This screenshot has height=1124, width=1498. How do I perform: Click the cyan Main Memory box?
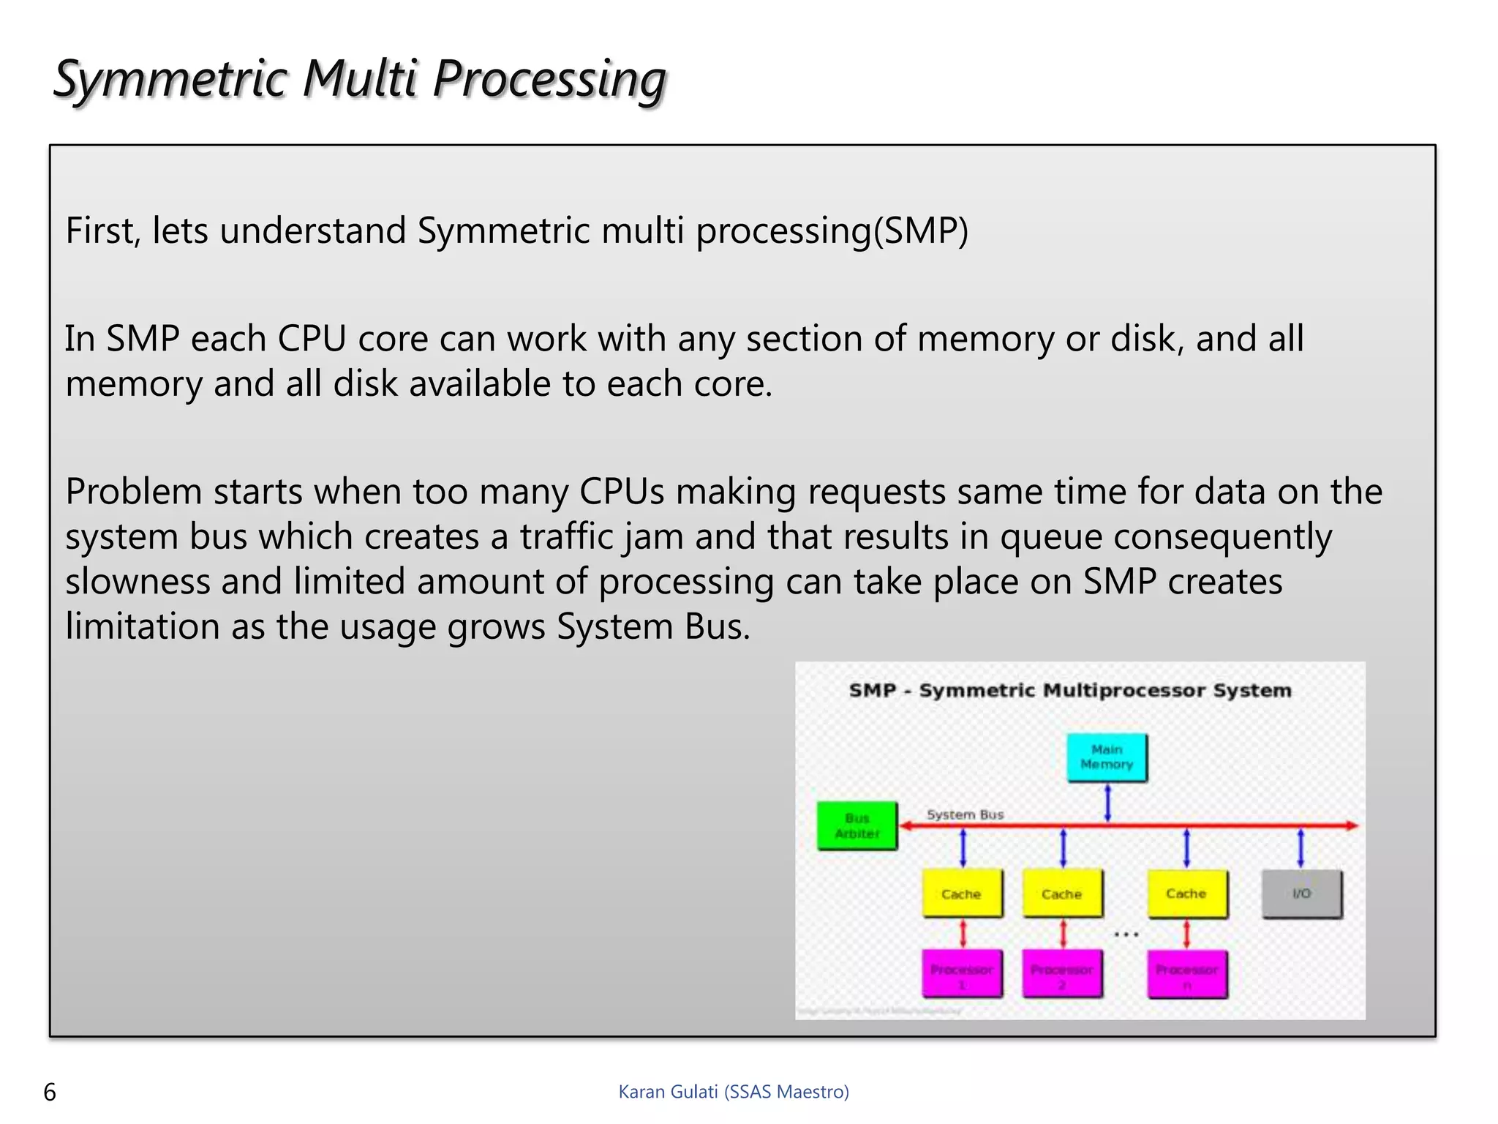[1107, 757]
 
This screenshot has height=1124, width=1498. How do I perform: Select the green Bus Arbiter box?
[857, 826]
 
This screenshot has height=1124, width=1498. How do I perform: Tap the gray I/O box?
[1302, 893]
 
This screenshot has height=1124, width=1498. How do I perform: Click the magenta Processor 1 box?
[962, 974]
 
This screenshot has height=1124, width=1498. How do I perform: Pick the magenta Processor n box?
[1187, 974]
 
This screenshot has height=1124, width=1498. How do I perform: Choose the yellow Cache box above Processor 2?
[1062, 893]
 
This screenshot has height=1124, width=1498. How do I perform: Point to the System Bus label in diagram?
[965, 814]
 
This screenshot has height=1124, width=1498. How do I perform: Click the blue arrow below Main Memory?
[1107, 803]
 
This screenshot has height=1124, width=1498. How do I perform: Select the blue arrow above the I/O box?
[1301, 848]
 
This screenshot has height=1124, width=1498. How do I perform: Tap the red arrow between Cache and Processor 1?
[963, 934]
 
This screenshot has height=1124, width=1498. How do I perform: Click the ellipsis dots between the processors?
[1126, 934]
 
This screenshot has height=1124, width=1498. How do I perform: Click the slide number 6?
[50, 1092]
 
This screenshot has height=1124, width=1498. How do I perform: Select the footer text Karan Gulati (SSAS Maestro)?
[734, 1092]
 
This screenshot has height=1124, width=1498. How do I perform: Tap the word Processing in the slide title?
[549, 79]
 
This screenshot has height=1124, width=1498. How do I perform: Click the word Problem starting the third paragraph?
[133, 492]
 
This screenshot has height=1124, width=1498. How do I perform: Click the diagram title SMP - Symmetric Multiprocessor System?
[1070, 690]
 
